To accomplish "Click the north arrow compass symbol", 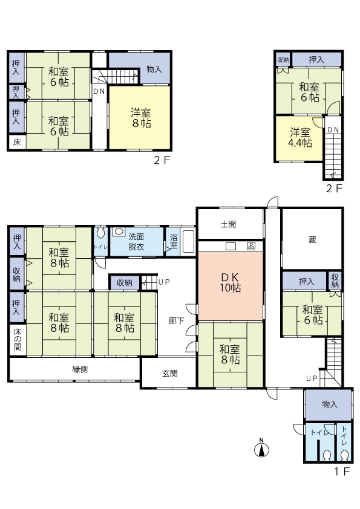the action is click(261, 449).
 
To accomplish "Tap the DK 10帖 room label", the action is click(230, 282).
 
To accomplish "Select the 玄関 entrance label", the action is click(169, 374).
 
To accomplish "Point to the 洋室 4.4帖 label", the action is click(300, 137).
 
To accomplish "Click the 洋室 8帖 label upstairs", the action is click(141, 118).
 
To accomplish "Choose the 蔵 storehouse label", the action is click(312, 240).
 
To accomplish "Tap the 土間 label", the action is click(228, 224).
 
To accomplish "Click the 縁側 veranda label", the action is click(80, 369).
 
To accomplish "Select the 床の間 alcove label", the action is click(18, 339).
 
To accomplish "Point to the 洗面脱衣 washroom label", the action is click(136, 242).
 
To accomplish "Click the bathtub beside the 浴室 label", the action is click(188, 241).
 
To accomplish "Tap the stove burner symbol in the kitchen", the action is click(251, 246).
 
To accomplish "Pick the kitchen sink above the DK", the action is click(231, 246).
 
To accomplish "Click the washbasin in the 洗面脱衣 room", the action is click(119, 232).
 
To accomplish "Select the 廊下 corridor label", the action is click(176, 321).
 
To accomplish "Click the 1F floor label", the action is click(342, 471).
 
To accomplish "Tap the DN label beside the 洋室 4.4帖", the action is click(333, 129).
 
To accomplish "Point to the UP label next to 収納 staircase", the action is click(164, 282).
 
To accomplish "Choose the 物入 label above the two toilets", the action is click(330, 404).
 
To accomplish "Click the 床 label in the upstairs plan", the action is click(17, 143).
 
